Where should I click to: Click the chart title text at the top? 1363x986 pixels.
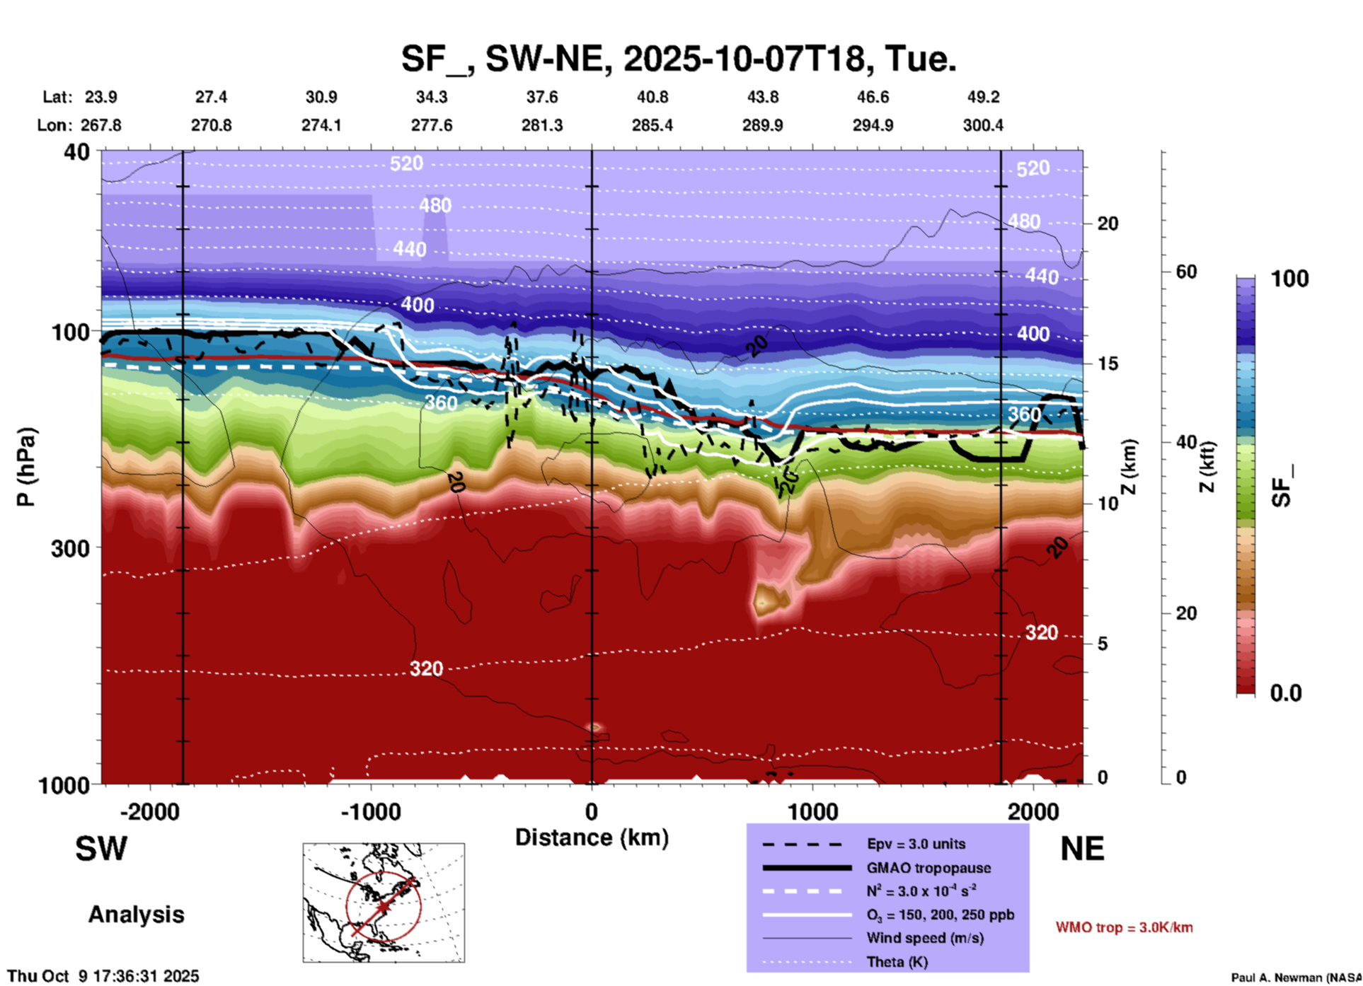pos(678,59)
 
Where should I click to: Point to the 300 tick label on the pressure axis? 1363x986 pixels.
pos(70,548)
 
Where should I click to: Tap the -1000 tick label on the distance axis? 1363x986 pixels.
pos(370,812)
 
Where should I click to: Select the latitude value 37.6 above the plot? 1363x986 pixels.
pos(541,97)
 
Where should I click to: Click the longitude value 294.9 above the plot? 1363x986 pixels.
pos(872,125)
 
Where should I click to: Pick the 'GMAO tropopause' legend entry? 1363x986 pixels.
pos(928,868)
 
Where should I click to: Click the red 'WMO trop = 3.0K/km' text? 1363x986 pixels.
pos(1124,927)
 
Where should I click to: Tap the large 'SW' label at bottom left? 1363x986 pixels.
pos(101,849)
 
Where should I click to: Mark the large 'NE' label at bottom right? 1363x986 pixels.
pos(1082,849)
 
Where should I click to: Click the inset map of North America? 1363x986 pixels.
pos(384,903)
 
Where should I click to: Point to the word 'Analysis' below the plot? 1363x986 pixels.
pos(136,915)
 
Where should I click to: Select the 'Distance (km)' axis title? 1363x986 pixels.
pos(592,837)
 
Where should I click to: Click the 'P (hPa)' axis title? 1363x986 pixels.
pos(26,467)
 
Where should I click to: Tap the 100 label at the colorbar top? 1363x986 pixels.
pos(1289,279)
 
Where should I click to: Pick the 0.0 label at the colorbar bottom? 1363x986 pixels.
pos(1286,693)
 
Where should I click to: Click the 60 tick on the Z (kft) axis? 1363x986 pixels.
pos(1186,272)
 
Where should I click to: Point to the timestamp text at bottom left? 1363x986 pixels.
pos(103,976)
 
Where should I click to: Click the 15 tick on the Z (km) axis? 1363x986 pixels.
pos(1108,364)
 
